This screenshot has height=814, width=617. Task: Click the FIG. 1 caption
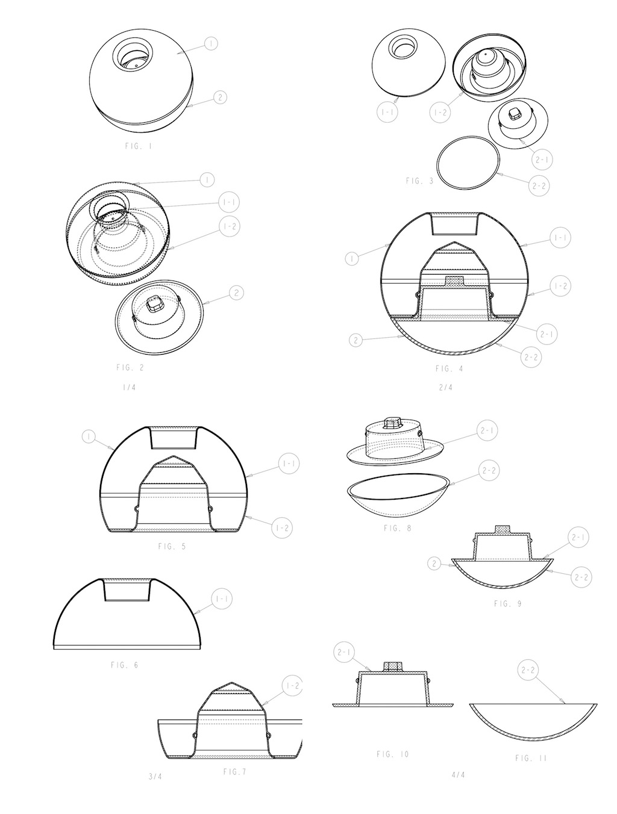coord(139,146)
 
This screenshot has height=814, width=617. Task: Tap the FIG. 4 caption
coord(449,368)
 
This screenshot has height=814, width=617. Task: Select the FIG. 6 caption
coord(124,665)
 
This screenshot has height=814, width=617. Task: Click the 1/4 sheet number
coord(129,388)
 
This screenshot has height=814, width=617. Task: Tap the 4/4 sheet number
coord(459,775)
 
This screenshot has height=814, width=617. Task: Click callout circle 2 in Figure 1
coord(220,98)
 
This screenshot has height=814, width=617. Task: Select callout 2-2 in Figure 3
coord(539,186)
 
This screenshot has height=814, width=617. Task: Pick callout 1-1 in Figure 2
coord(229,202)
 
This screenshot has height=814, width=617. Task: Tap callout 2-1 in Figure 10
coord(344,652)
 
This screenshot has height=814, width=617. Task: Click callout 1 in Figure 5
coord(89,437)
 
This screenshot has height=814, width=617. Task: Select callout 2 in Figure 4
coord(356,340)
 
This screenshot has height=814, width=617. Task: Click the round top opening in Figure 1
coord(133,55)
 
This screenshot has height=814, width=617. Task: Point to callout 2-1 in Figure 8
coord(487,430)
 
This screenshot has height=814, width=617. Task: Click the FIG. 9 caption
coord(507,603)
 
